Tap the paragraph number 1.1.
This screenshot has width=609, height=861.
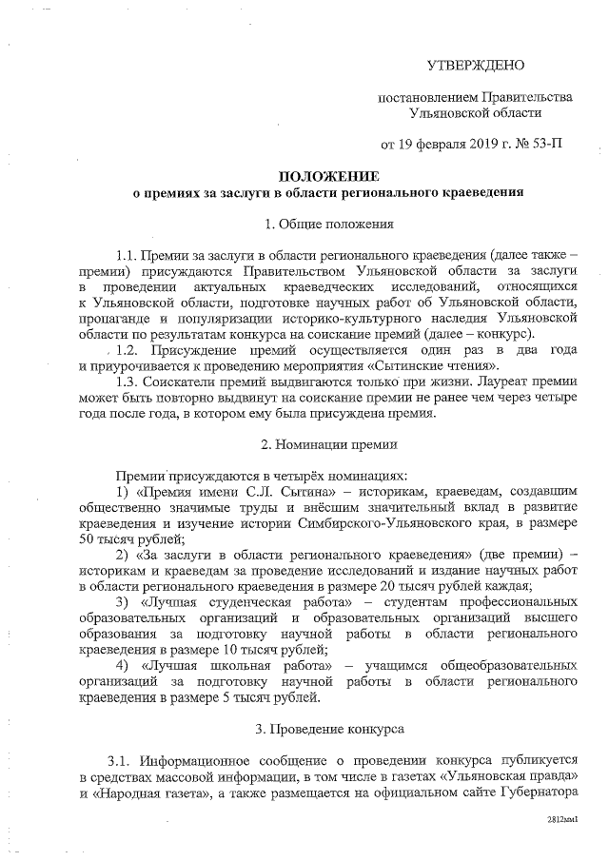tap(126, 256)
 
